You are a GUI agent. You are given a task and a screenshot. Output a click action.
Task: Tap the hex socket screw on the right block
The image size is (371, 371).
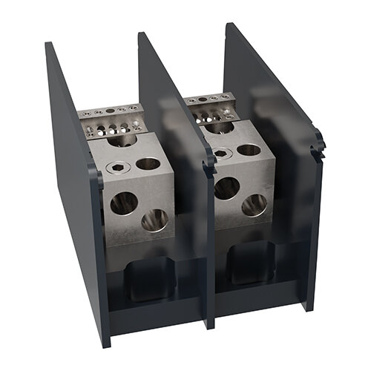click(220, 154)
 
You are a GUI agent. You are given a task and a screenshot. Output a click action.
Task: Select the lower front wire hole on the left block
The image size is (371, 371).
click(154, 220)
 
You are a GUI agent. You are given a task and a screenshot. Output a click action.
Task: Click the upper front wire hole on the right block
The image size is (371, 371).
click(227, 187)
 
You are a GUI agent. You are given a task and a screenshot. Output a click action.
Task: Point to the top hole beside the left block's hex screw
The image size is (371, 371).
click(148, 163)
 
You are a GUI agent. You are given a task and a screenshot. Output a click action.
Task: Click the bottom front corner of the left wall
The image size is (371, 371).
click(105, 343)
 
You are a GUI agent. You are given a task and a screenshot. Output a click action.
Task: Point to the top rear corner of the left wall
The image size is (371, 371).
click(48, 45)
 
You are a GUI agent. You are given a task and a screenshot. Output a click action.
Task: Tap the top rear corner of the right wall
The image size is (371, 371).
click(227, 25)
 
